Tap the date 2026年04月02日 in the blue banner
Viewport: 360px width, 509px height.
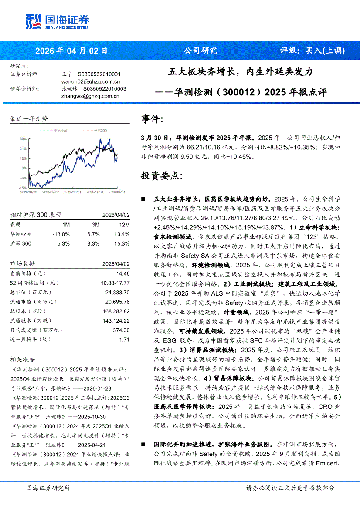pyautogui.click(x=71, y=50)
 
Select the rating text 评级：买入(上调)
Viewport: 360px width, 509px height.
pyautogui.click(x=312, y=50)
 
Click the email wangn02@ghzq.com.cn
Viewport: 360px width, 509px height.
pyautogui.click(x=91, y=81)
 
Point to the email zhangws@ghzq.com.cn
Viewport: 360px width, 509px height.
pyautogui.click(x=90, y=96)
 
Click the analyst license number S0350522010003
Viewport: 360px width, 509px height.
pyautogui.click(x=105, y=89)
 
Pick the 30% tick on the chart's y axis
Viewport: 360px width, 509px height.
pyautogui.click(x=23, y=139)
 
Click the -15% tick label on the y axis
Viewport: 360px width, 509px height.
pyautogui.click(x=22, y=187)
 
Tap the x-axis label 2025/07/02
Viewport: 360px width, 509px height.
pyautogui.click(x=51, y=192)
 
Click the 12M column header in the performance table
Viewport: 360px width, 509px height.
pyautogui.click(x=124, y=225)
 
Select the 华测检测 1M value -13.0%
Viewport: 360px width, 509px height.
pyautogui.click(x=61, y=234)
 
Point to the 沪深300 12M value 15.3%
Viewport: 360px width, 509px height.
pyautogui.click(x=122, y=243)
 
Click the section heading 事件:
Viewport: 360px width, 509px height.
pyautogui.click(x=152, y=118)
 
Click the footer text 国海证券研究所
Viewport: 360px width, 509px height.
pyautogui.click(x=48, y=488)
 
